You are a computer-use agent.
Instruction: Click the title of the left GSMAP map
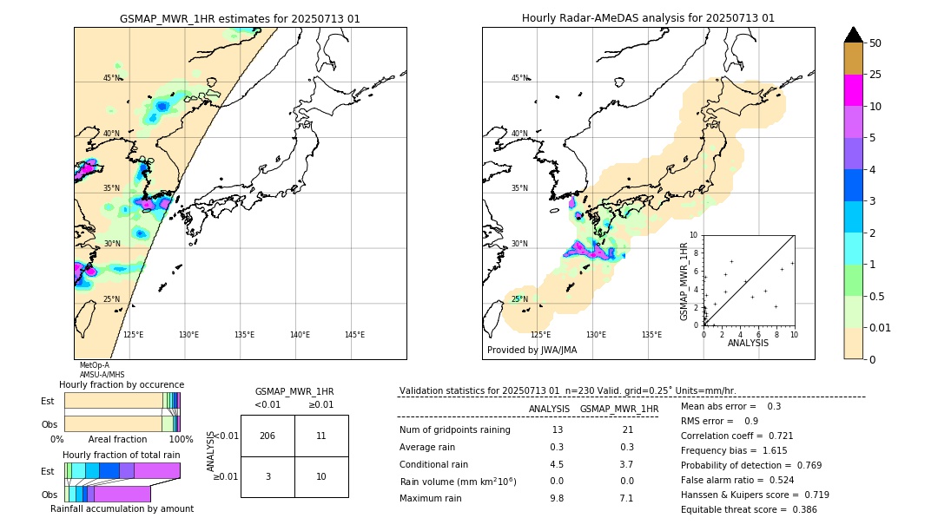tap(240, 18)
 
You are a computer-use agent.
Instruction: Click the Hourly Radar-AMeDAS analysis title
tap(648, 18)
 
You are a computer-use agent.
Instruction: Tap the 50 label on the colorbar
tap(875, 43)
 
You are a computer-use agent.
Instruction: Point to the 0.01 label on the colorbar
tap(881, 327)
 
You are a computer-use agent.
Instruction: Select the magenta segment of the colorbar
tap(853, 90)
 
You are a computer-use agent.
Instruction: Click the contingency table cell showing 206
tap(268, 436)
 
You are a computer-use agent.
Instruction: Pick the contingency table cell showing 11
tap(320, 436)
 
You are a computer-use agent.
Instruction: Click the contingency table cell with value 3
tap(268, 476)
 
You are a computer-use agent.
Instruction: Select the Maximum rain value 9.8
tap(557, 498)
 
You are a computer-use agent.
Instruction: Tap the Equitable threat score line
tap(749, 509)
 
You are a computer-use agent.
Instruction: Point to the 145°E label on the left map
tap(354, 335)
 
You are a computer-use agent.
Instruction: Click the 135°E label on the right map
tap(651, 335)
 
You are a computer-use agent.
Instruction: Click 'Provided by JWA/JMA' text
tap(532, 350)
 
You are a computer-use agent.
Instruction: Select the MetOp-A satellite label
tap(95, 365)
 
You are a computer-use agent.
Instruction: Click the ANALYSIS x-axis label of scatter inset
tap(748, 343)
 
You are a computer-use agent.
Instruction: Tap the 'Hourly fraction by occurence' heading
tap(122, 384)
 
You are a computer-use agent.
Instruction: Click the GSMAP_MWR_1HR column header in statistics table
tap(618, 409)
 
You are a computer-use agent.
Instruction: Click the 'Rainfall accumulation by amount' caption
tap(122, 508)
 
